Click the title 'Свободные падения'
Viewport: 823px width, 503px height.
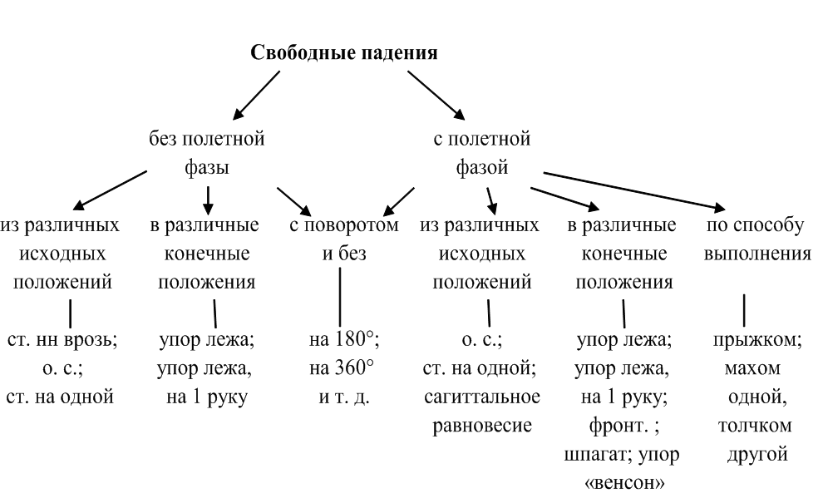(344, 53)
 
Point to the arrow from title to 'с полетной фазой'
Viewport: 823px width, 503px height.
(436, 94)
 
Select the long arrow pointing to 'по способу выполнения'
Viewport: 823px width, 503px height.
(632, 190)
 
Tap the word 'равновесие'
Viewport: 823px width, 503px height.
(482, 426)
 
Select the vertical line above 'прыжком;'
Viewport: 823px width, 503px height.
(743, 308)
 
